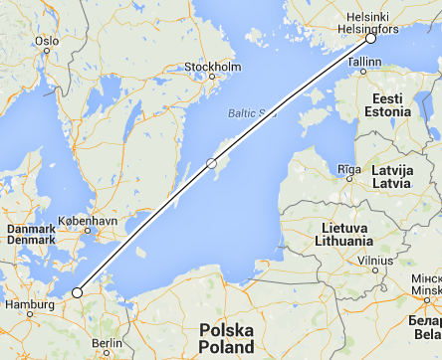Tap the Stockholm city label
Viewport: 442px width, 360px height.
coord(213,68)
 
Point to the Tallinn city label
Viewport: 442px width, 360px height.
coord(364,62)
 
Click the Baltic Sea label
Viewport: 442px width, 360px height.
coord(248,112)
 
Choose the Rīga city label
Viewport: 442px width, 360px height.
coord(348,169)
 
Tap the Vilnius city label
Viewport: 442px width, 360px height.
coord(376,260)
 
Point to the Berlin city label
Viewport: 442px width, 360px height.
coord(108,343)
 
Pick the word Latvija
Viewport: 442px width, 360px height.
coord(391,171)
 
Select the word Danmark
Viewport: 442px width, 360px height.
coord(32,228)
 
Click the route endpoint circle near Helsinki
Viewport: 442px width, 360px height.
coord(370,39)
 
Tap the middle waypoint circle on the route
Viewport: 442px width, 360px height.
coord(211,162)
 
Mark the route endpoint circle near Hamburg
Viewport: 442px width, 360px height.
coord(78,292)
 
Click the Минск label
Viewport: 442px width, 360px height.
coord(427,278)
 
